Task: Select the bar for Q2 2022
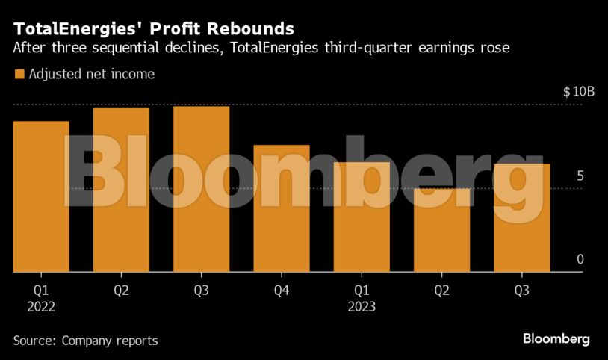[121, 190]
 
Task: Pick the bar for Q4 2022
[281, 208]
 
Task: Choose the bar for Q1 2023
[361, 217]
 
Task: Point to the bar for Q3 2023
[521, 217]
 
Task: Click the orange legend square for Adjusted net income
[19, 75]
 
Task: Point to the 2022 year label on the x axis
[40, 306]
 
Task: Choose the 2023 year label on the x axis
[361, 306]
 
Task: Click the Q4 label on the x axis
[281, 290]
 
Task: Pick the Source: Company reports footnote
[85, 341]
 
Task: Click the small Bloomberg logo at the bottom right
[556, 339]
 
